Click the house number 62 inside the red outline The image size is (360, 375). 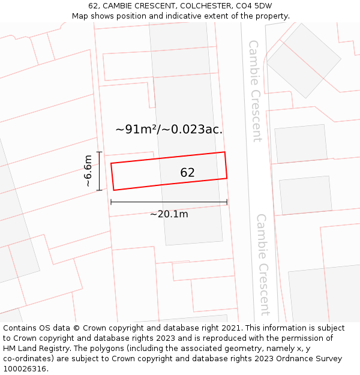point(187,173)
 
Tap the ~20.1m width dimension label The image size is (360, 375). point(169,214)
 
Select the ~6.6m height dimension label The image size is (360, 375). point(88,171)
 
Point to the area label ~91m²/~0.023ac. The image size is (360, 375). point(169,129)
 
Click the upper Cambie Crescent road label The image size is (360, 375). point(256,91)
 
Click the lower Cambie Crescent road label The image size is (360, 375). point(263,264)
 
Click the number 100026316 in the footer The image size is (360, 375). point(25,369)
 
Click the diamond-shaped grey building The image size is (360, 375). point(304,61)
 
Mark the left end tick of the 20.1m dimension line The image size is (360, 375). point(111,202)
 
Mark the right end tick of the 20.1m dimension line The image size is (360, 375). point(227,202)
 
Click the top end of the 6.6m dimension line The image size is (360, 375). point(100,152)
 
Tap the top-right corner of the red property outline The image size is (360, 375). point(224,152)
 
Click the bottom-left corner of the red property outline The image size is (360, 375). point(114,190)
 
